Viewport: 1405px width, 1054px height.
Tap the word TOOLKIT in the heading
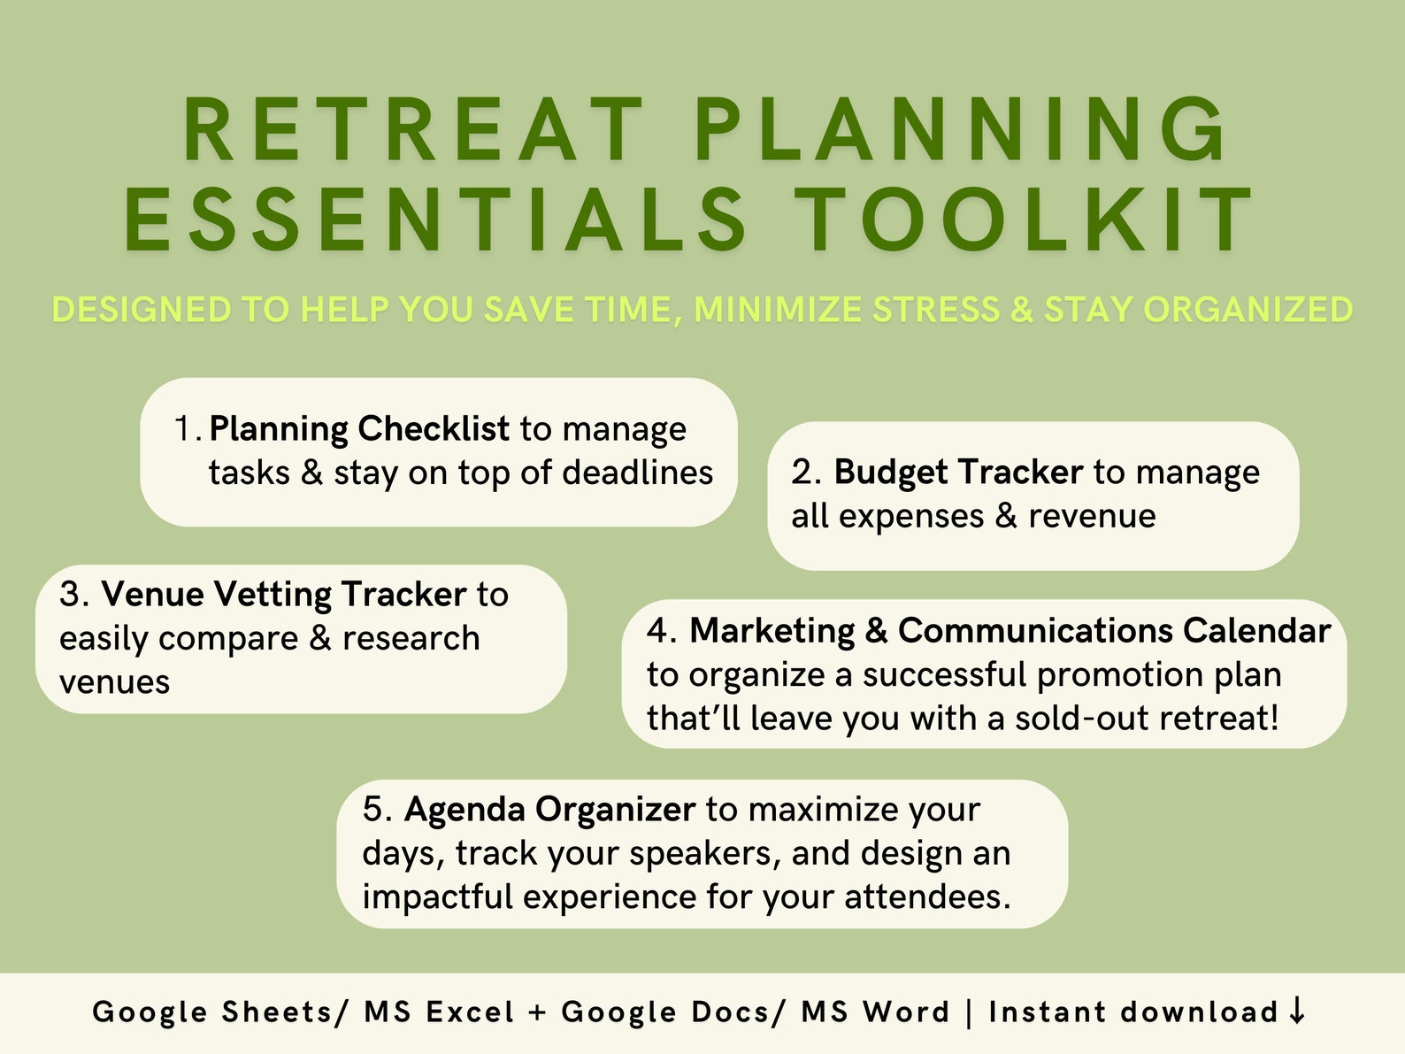tap(1024, 219)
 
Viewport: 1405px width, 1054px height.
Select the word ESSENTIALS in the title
tap(436, 219)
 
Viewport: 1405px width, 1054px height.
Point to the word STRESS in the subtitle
tap(936, 310)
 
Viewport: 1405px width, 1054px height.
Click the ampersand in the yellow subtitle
tap(1022, 310)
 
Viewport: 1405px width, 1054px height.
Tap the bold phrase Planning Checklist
tap(360, 429)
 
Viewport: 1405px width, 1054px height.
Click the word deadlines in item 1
tap(638, 473)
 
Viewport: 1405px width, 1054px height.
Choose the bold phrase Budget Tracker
tap(958, 473)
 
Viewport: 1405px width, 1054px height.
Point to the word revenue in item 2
tap(1092, 517)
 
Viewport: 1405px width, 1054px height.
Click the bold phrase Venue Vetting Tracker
tap(284, 595)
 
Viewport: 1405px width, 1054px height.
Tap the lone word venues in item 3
tap(114, 682)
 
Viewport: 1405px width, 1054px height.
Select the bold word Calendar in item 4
tap(1256, 631)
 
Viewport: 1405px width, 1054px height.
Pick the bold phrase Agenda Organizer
tap(549, 810)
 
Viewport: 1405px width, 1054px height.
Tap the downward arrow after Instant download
tap(1297, 1011)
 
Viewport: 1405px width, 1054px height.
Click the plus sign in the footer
tap(538, 1012)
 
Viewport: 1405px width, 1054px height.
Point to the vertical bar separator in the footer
tap(969, 1012)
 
